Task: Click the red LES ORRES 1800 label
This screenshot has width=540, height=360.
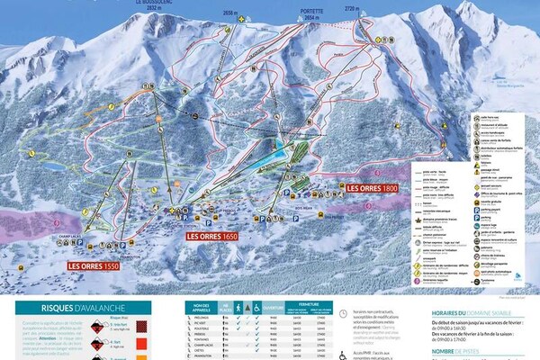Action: (372, 188)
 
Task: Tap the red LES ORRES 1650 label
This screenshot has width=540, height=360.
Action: (211, 236)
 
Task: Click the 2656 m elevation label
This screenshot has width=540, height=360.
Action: (233, 13)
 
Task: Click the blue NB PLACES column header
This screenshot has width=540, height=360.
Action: (226, 305)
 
